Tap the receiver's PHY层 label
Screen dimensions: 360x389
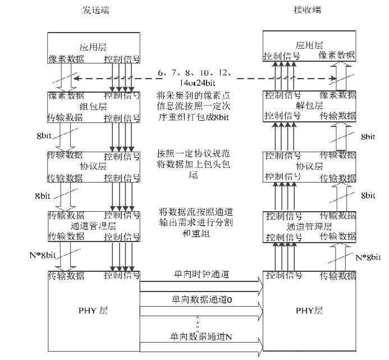[309, 309]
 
